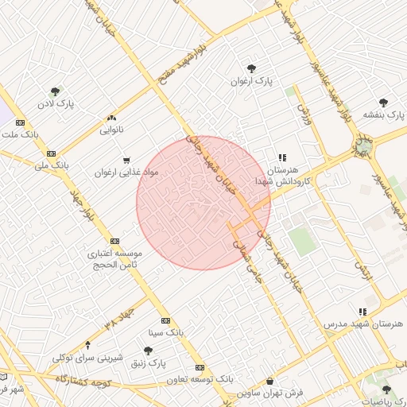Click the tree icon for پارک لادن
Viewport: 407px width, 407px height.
55,91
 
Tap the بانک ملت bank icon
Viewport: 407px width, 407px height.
20,122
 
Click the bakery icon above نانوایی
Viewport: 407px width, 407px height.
111,115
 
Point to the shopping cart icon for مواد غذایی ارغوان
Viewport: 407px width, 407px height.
126,160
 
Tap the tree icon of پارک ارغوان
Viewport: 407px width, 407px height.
252,68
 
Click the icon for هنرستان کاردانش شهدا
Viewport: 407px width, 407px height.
281,158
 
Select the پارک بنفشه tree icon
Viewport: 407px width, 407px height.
384,102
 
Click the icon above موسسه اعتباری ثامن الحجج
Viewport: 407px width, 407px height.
115,241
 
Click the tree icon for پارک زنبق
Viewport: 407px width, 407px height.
148,350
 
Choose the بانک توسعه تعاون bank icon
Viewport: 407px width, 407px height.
200,367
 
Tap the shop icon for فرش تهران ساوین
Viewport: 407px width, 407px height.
270,381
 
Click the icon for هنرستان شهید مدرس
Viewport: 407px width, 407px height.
363,312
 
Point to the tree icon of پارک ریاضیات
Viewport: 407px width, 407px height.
386,389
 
